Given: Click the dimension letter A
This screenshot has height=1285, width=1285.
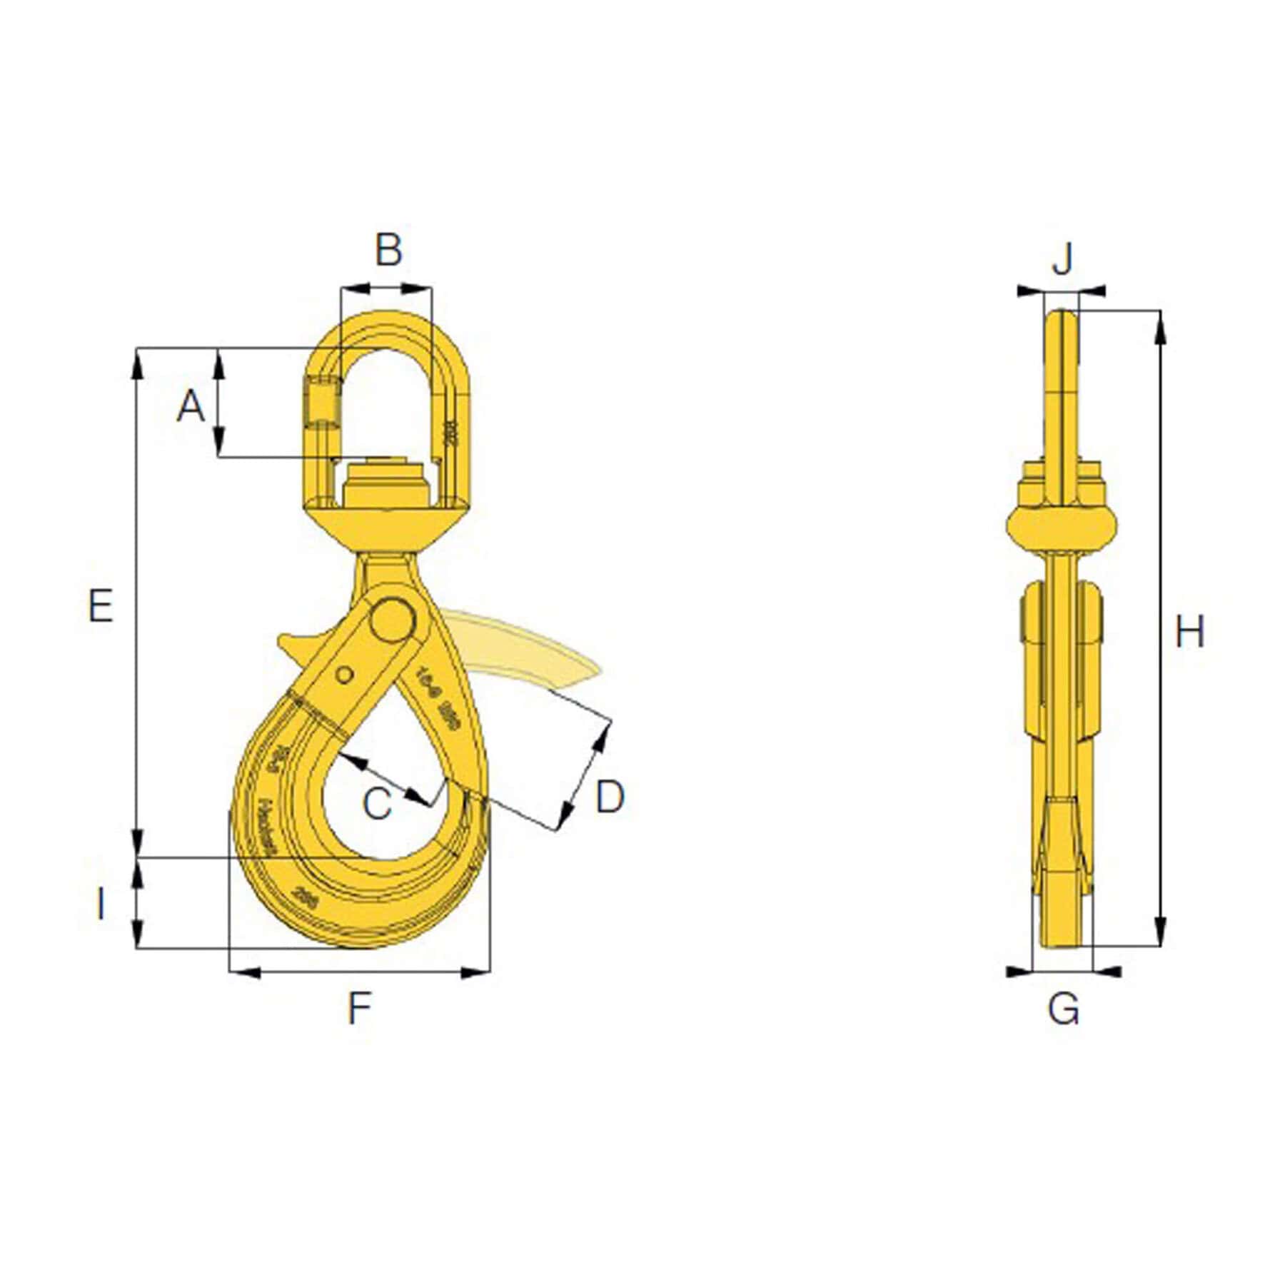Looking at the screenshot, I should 191,406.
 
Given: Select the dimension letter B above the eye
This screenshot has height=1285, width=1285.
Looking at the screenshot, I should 388,250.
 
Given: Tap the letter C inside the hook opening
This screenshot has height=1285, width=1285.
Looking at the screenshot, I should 377,803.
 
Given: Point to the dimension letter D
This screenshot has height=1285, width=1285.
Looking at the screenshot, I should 609,797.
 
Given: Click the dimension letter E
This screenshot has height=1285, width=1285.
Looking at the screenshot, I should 100,606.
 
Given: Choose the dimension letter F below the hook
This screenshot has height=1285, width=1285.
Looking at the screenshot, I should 359,1009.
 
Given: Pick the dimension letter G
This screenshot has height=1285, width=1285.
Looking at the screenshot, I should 1063,1009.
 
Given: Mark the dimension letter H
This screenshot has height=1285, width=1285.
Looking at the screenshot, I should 1189,632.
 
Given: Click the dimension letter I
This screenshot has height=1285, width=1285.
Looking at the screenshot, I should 101,904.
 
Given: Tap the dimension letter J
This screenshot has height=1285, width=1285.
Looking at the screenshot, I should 1062,258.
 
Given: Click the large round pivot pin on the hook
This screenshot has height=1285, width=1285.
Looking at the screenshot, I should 393,620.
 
